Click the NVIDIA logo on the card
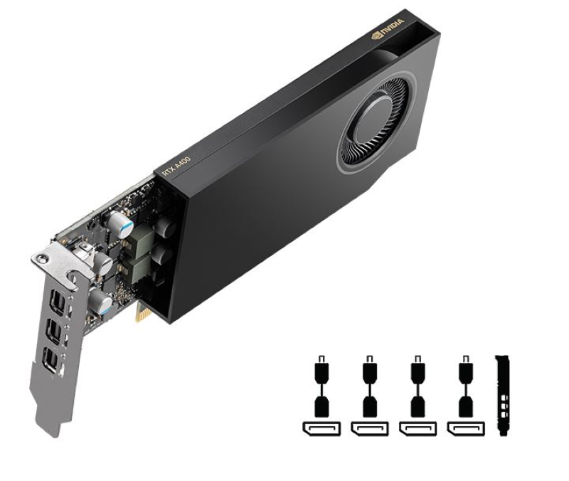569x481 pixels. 388,28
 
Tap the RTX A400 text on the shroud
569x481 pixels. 176,166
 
